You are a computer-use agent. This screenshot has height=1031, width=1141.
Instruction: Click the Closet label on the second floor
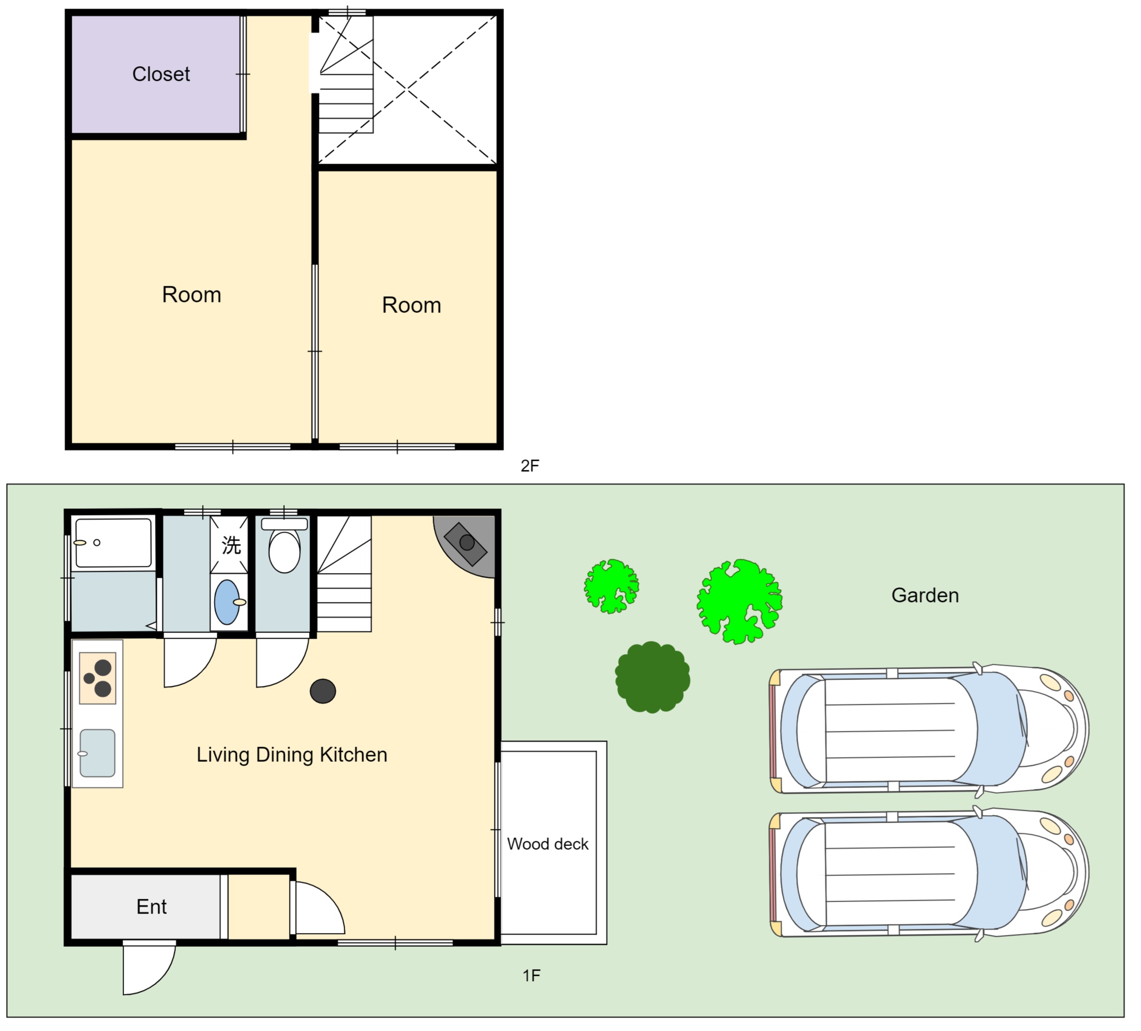[161, 74]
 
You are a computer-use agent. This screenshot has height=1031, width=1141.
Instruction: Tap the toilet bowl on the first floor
[284, 551]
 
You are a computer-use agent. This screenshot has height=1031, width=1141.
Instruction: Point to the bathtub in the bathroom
[114, 543]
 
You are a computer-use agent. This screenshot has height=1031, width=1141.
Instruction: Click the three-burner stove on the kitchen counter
[98, 678]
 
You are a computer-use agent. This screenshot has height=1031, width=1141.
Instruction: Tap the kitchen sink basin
[97, 753]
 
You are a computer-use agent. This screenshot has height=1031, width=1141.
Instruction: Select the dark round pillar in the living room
[323, 691]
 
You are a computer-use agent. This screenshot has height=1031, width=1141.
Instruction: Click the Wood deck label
[547, 844]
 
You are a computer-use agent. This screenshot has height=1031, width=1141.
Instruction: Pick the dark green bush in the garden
[653, 677]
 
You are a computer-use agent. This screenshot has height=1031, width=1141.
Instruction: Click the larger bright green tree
[739, 601]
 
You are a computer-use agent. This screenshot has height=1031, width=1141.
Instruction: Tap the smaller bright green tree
[611, 586]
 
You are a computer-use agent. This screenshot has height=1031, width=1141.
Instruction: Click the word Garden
[925, 595]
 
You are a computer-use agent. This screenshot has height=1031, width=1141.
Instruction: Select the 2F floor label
[530, 466]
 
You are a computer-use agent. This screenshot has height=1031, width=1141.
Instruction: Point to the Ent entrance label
[151, 907]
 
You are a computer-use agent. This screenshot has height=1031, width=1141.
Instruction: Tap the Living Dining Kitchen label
[292, 755]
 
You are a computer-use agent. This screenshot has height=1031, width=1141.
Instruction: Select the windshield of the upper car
[1001, 729]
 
